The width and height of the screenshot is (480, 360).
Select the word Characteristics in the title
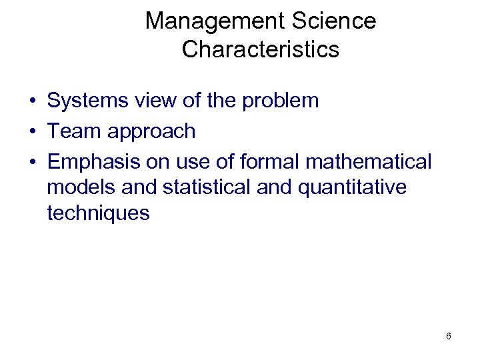pos(261,49)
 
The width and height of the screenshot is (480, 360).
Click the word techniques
pos(99,213)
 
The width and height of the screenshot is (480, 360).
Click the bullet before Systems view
pos(32,102)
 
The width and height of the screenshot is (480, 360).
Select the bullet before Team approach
pos(32,132)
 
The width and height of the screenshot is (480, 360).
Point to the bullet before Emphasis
pos(32,162)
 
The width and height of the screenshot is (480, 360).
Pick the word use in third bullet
pos(182,162)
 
